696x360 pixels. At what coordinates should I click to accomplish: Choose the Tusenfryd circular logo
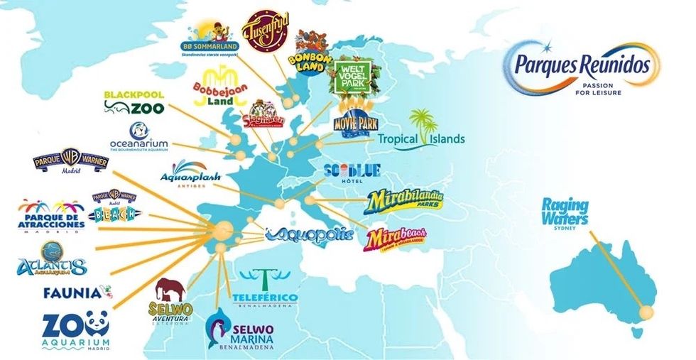tap(264, 31)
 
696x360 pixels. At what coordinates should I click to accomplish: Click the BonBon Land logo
tap(310, 50)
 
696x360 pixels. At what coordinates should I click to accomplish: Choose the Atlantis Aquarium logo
tap(52, 259)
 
